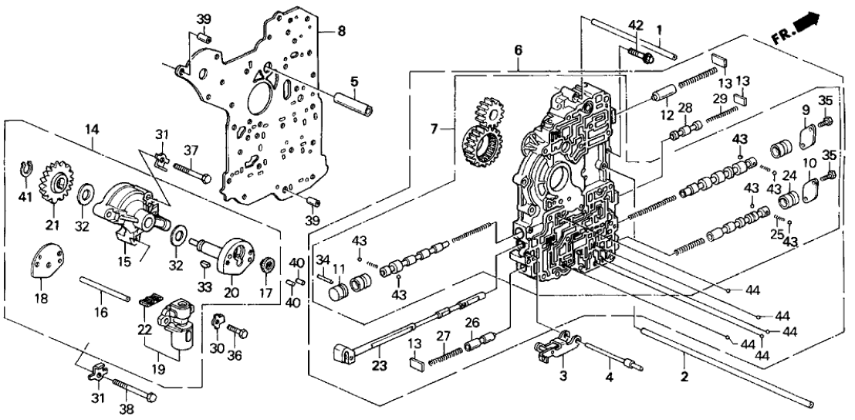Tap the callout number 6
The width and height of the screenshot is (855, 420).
coord(519,49)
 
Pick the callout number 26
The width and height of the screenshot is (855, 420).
coord(471,322)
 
